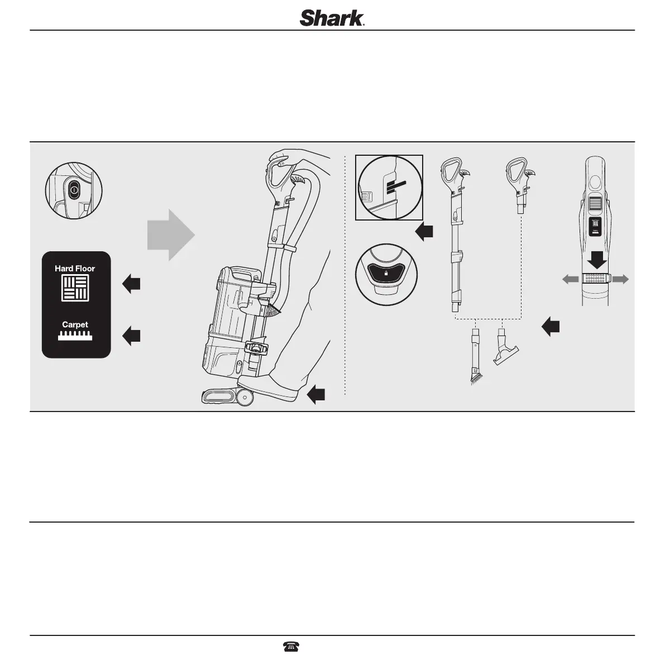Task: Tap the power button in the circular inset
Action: [x=74, y=190]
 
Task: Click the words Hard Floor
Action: [x=75, y=269]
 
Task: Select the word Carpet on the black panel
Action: [x=75, y=324]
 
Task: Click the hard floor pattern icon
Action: [x=75, y=289]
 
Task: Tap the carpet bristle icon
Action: [x=75, y=336]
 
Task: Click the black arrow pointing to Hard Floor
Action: [x=131, y=284]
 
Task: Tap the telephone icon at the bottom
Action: [x=291, y=647]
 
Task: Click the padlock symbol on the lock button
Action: [x=386, y=274]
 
